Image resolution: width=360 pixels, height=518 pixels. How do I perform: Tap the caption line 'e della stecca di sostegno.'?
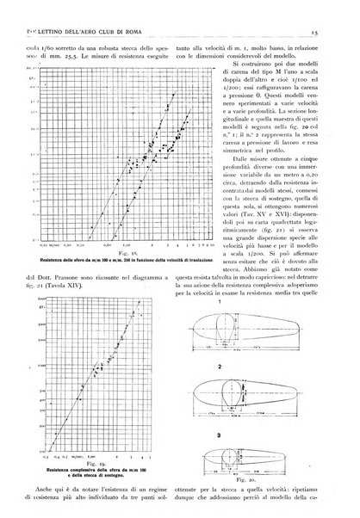(x=97, y=455)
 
